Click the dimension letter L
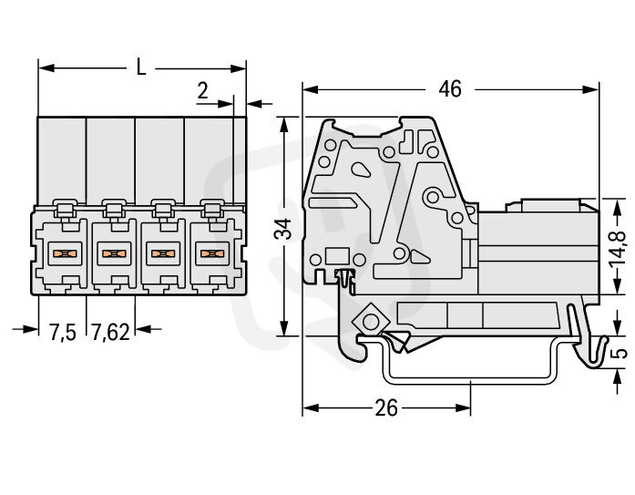click(x=139, y=67)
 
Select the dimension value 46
click(x=448, y=88)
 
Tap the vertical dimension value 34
click(x=285, y=229)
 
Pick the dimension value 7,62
click(x=110, y=333)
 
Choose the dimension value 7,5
click(x=62, y=333)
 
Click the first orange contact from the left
click(x=63, y=253)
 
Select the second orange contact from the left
click(x=112, y=253)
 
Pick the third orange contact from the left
click(x=161, y=253)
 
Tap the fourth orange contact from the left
click(x=210, y=253)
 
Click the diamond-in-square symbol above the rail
click(x=371, y=322)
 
